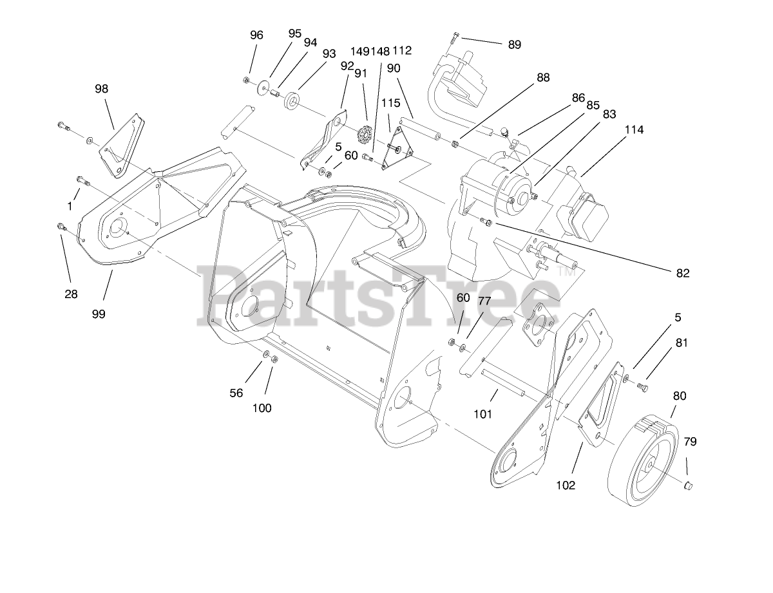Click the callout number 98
point(102,89)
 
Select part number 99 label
point(98,314)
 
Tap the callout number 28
point(71,294)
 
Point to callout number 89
point(514,44)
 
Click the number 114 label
point(634,129)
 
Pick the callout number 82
point(682,273)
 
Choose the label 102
point(566,485)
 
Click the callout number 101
point(482,414)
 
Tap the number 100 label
point(262,408)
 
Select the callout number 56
point(236,393)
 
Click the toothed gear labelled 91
point(365,136)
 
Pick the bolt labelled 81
point(642,386)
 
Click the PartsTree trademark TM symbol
point(569,272)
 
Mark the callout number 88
point(543,77)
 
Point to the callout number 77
point(484,301)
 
